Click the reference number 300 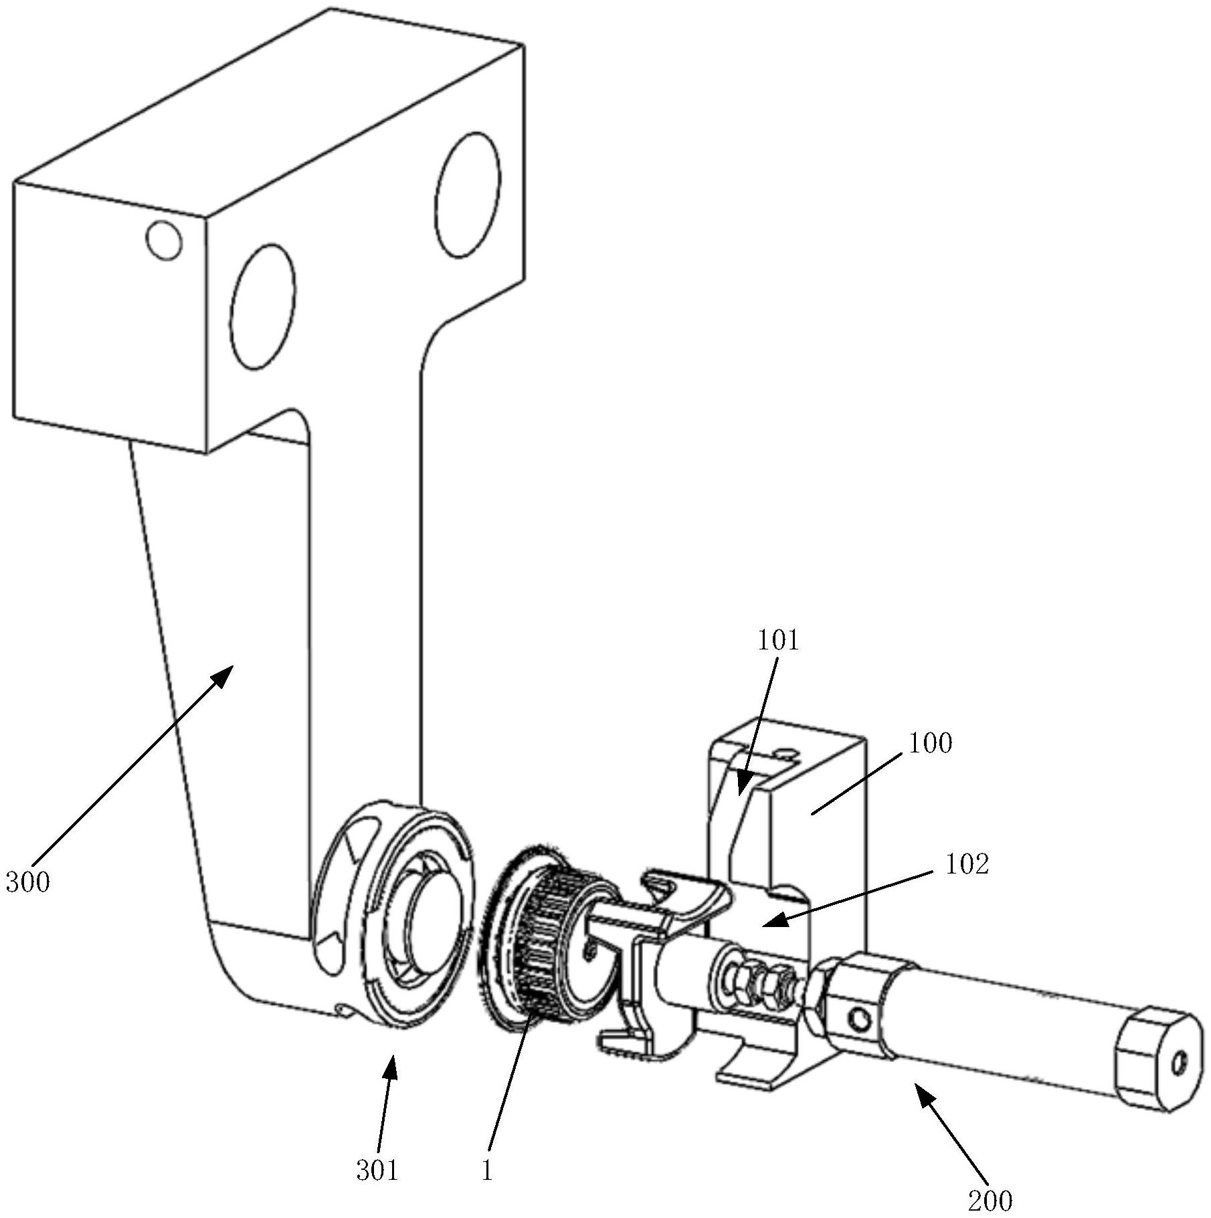[28, 882]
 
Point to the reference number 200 [991, 1201]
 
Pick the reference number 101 [778, 641]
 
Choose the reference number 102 [966, 864]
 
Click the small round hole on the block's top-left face [164, 240]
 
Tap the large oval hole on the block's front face [262, 306]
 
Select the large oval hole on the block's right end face [468, 195]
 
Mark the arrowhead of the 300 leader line [223, 676]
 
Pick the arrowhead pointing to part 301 [390, 1066]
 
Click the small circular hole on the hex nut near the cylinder [860, 1021]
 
